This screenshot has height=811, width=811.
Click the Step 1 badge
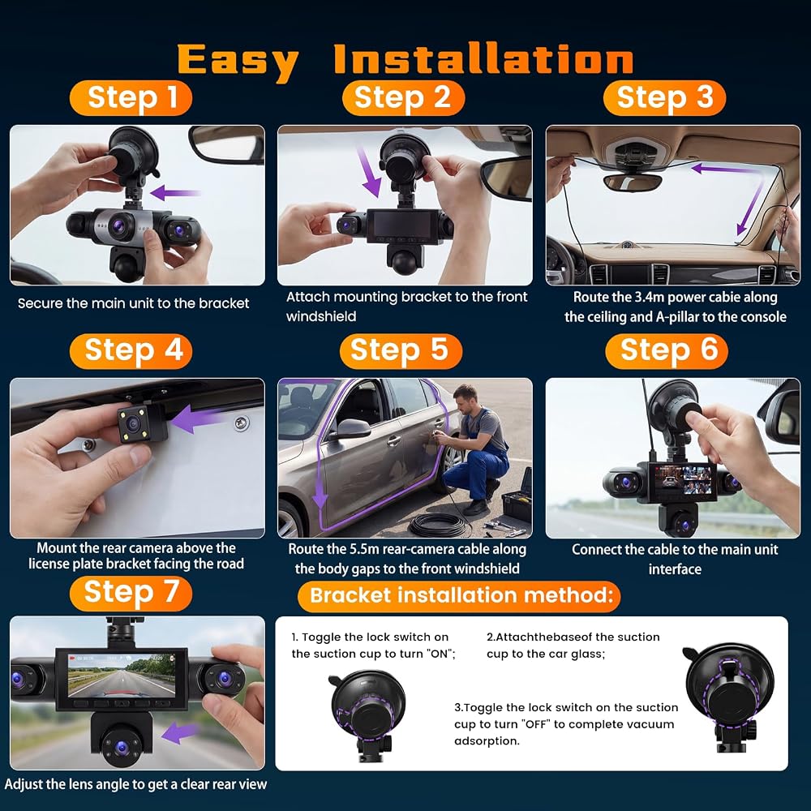(x=131, y=98)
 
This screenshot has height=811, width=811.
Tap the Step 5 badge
(x=401, y=350)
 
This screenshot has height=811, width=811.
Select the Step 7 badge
(x=131, y=594)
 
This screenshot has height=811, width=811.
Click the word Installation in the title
(x=483, y=59)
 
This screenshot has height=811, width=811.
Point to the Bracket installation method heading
(x=459, y=596)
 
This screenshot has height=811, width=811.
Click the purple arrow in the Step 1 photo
(x=175, y=193)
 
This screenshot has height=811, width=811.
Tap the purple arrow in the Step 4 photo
(x=200, y=418)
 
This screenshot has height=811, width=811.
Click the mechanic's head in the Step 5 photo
(x=466, y=397)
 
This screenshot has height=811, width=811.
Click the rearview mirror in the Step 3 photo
(x=632, y=182)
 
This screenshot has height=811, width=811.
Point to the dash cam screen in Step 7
(x=122, y=675)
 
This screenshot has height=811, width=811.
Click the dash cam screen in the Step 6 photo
(x=683, y=480)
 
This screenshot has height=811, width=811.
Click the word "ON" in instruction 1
(x=439, y=654)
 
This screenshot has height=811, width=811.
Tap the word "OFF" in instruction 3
(x=536, y=724)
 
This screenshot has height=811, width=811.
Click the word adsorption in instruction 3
(x=487, y=741)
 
